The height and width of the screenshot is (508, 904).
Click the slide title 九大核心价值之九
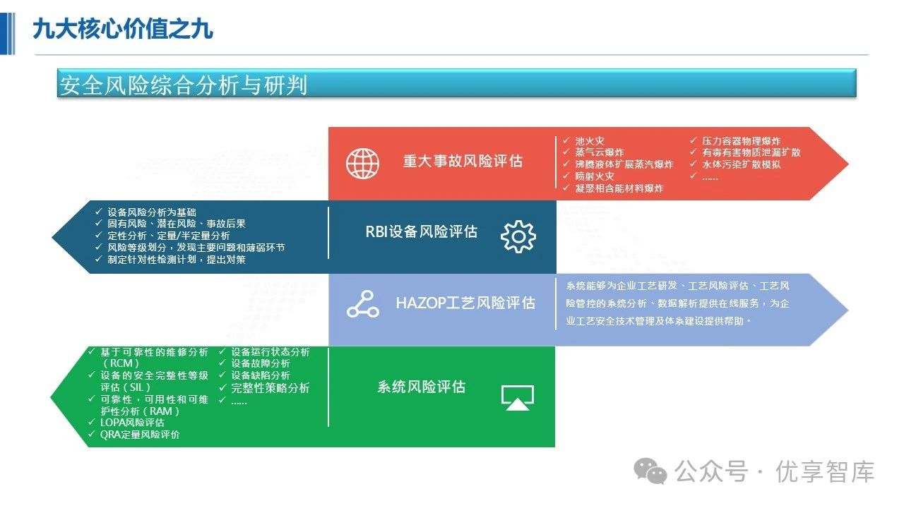pyautogui.click(x=123, y=30)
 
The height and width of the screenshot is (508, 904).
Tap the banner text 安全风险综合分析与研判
pyautogui.click(x=183, y=85)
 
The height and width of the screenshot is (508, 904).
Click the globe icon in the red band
pyautogui.click(x=362, y=163)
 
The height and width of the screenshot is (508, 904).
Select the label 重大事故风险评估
pyautogui.click(x=463, y=161)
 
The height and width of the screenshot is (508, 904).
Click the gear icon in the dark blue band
pyautogui.click(x=518, y=236)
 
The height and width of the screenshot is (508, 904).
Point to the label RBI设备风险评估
pyautogui.click(x=422, y=231)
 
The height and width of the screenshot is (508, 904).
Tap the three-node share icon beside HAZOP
pyautogui.click(x=363, y=303)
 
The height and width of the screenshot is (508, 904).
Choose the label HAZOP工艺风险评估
pyautogui.click(x=465, y=303)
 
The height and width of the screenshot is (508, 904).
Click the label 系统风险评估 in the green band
pyautogui.click(x=422, y=387)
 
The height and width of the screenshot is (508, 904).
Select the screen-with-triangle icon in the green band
pyautogui.click(x=518, y=397)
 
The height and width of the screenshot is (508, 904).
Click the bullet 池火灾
pyautogui.click(x=590, y=140)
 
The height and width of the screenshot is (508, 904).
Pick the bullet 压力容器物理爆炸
pyautogui.click(x=742, y=140)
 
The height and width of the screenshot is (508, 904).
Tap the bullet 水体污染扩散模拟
pyautogui.click(x=742, y=164)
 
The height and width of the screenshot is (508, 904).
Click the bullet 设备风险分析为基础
pyautogui.click(x=152, y=212)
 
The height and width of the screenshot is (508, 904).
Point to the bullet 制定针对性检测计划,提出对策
pyautogui.click(x=177, y=259)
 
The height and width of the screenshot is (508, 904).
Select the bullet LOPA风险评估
pyautogui.click(x=132, y=422)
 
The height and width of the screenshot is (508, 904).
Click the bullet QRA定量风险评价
pyautogui.click(x=140, y=434)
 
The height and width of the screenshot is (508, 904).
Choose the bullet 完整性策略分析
pyautogui.click(x=270, y=388)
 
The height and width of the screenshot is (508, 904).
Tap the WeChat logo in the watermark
pyautogui.click(x=650, y=471)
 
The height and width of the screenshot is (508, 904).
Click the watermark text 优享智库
pyautogui.click(x=824, y=471)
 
